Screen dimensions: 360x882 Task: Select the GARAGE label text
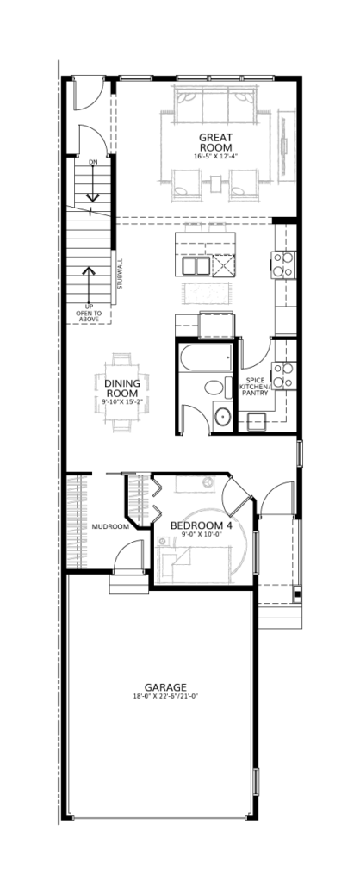pyautogui.click(x=165, y=686)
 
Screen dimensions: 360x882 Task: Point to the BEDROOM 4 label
pyautogui.click(x=202, y=525)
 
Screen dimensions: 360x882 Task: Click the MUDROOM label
pyautogui.click(x=110, y=527)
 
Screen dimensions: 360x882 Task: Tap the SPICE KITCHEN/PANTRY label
pyautogui.click(x=256, y=387)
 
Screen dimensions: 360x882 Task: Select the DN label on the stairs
pyautogui.click(x=93, y=162)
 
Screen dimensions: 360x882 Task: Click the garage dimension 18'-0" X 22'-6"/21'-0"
pyautogui.click(x=165, y=696)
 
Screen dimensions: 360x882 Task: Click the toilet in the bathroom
pyautogui.click(x=216, y=388)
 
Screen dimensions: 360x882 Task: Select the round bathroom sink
pyautogui.click(x=223, y=417)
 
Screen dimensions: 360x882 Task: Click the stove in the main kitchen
pyautogui.click(x=283, y=264)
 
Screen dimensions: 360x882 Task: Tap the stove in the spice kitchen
pyautogui.click(x=283, y=376)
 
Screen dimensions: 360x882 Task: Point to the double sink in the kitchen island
pyautogui.click(x=194, y=265)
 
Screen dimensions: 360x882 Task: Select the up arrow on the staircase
pyautogui.click(x=87, y=286)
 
